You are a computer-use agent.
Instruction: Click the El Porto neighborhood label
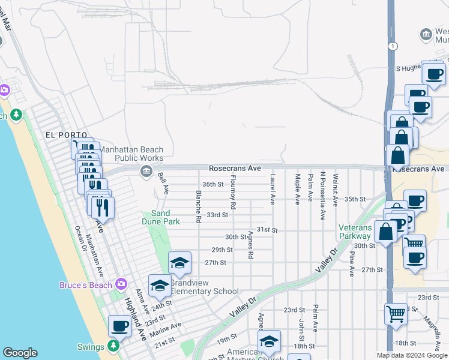pyautogui.click(x=66, y=135)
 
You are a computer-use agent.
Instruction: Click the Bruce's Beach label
pyautogui.click(x=85, y=285)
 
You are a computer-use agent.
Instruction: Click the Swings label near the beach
pyautogui.click(x=91, y=346)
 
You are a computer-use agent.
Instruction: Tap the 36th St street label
pyautogui.click(x=212, y=184)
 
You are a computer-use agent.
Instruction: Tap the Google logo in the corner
pyautogui.click(x=20, y=353)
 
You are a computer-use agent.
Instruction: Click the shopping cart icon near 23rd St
pyautogui.click(x=396, y=312)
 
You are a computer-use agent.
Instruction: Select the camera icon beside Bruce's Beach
pyautogui.click(x=121, y=284)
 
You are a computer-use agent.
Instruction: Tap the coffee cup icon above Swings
pyautogui.click(x=119, y=326)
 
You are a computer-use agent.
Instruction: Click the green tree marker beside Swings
pyautogui.click(x=113, y=346)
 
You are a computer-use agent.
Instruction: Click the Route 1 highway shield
pyautogui.click(x=391, y=46)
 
